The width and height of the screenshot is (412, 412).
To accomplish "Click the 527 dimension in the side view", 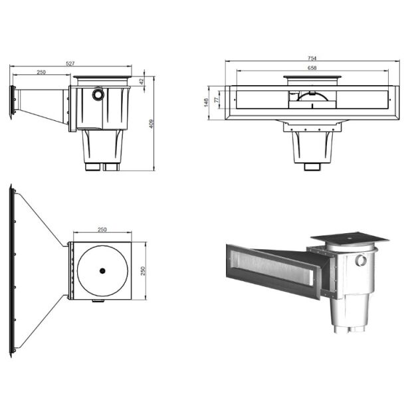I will [70, 64].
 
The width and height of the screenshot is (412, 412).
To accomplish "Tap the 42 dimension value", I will [142, 80].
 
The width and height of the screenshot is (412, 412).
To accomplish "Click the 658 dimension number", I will [312, 68].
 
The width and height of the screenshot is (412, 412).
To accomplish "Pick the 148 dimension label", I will [207, 103].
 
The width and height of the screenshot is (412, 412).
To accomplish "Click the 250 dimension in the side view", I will [41, 72].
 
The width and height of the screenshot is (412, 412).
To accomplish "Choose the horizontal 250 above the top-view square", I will [102, 230].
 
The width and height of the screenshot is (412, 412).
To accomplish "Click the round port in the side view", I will [98, 94].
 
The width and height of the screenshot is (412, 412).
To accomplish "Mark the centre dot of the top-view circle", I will [102, 270].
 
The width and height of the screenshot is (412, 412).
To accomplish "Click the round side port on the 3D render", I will [361, 260].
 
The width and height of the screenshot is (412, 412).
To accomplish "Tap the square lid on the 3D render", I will [349, 239].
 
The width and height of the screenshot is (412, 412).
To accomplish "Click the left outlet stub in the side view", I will [94, 166].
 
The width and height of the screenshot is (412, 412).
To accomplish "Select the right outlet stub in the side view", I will [112, 166].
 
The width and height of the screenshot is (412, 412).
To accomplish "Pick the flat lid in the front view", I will [312, 77].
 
